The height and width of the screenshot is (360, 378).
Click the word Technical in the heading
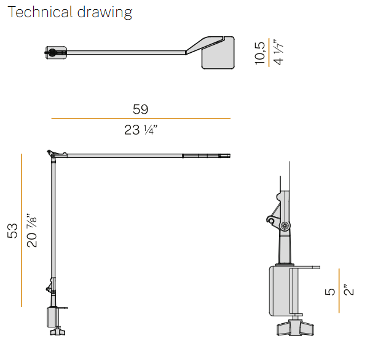[40, 12]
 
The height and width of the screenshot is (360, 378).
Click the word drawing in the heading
[104, 12]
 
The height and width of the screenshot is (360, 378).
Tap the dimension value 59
[141, 109]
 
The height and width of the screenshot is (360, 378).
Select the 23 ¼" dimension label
[141, 130]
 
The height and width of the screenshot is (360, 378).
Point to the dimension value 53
[12, 231]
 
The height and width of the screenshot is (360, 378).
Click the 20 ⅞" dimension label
[31, 230]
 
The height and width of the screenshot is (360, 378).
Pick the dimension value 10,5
[259, 53]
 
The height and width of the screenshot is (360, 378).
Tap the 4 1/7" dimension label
[278, 52]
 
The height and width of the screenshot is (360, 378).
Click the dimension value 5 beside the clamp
[330, 292]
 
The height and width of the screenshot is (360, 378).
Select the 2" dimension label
[349, 289]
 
